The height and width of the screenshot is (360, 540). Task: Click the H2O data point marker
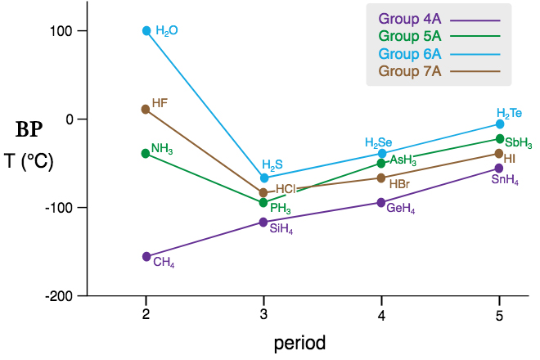pyautogui.click(x=146, y=31)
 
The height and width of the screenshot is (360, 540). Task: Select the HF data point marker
pyautogui.click(x=146, y=109)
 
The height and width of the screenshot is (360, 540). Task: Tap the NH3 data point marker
pyautogui.click(x=146, y=153)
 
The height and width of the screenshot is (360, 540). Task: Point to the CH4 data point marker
pyautogui.click(x=146, y=256)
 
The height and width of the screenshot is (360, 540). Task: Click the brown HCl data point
pyautogui.click(x=263, y=193)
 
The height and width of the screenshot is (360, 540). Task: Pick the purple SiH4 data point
pyautogui.click(x=263, y=222)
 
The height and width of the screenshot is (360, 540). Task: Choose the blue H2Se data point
pyautogui.click(x=381, y=153)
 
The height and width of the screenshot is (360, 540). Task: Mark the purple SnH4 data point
pyautogui.click(x=499, y=169)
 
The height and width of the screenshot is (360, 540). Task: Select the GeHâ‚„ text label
pyautogui.click(x=401, y=209)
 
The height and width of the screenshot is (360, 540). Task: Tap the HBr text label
pyautogui.click(x=400, y=184)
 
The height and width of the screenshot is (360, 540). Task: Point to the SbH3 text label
pyautogui.click(x=519, y=142)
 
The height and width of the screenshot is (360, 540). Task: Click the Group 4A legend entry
pyautogui.click(x=439, y=19)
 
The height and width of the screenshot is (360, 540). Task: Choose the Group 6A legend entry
pyautogui.click(x=439, y=54)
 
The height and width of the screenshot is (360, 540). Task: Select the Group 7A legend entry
pyautogui.click(x=439, y=71)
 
